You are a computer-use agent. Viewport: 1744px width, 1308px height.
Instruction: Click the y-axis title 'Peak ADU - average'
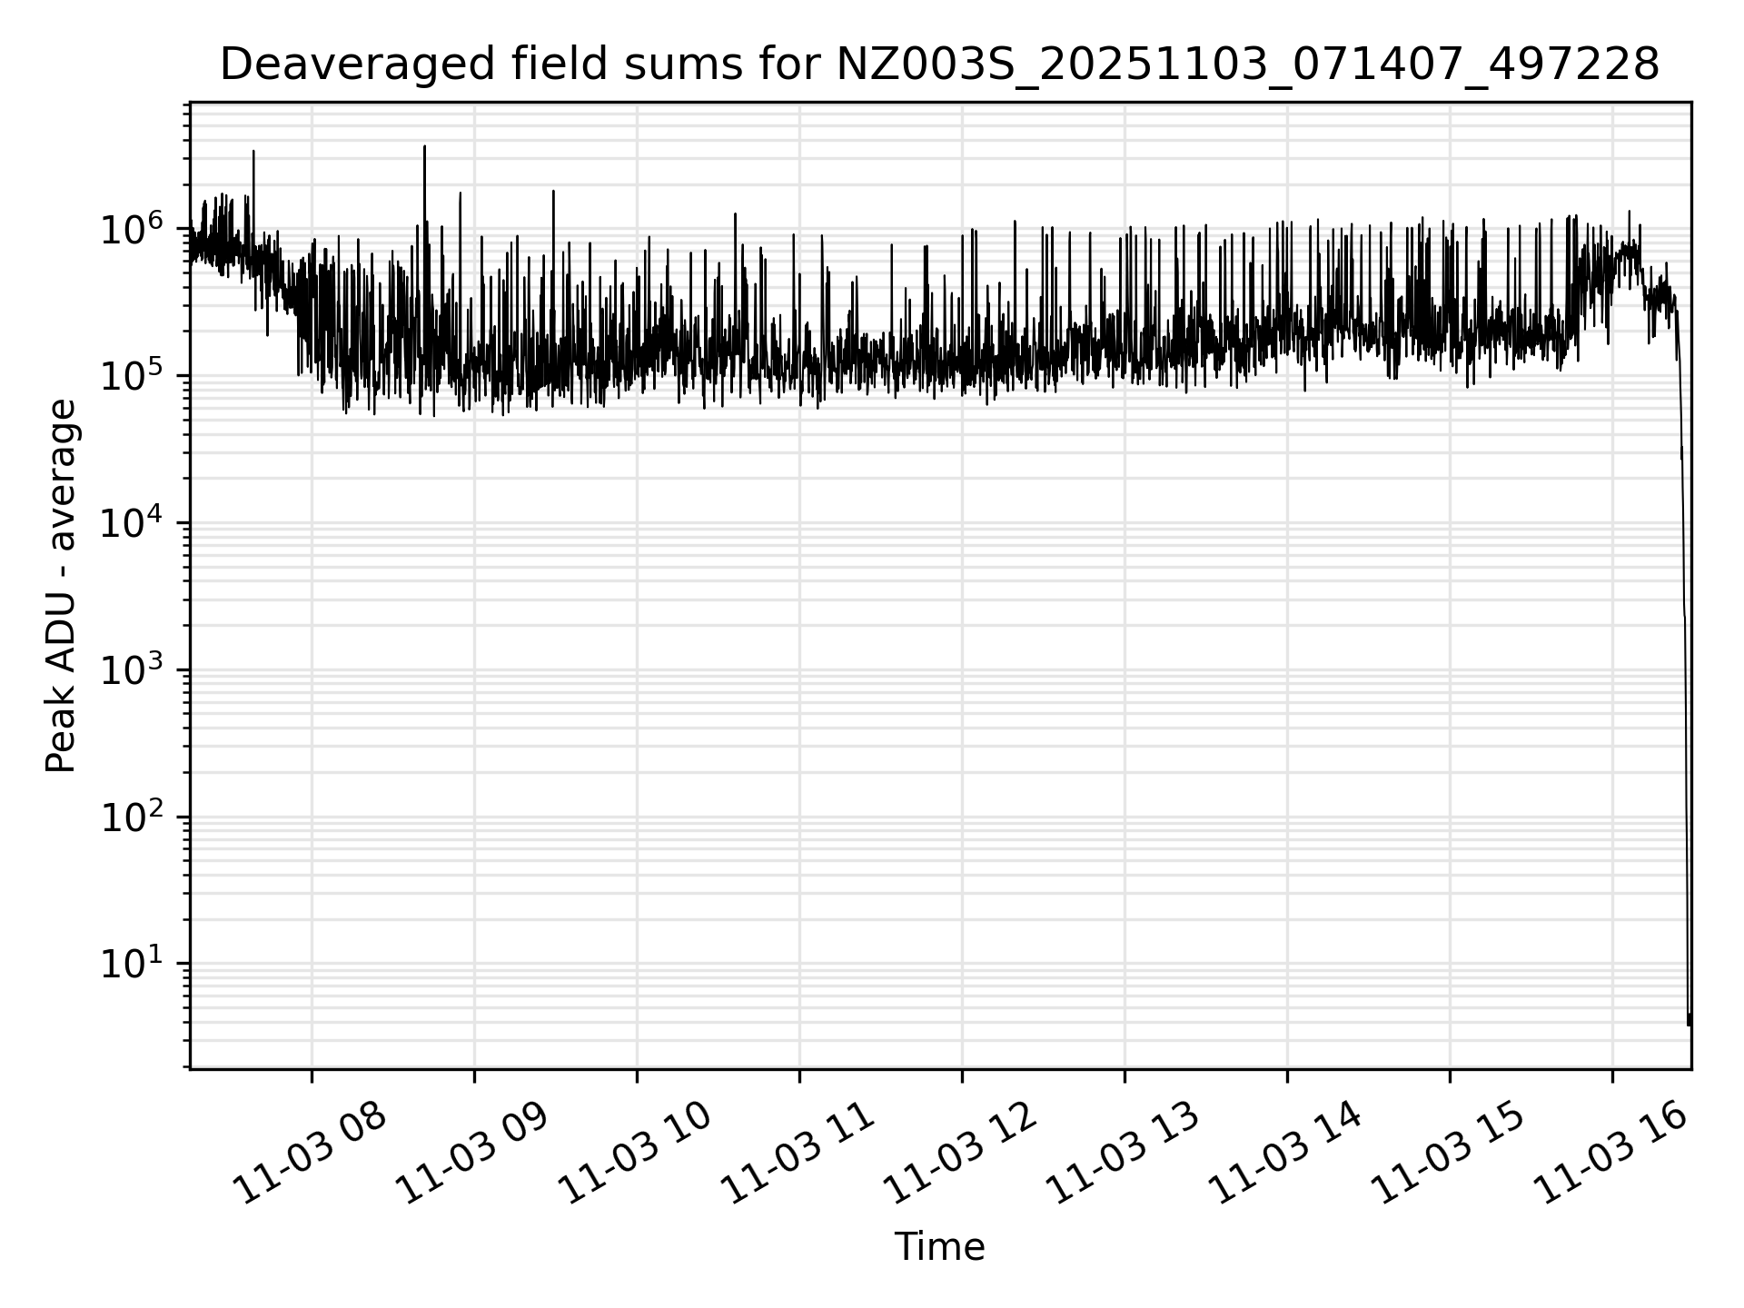point(61,587)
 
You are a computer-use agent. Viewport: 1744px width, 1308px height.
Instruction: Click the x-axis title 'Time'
point(939,1247)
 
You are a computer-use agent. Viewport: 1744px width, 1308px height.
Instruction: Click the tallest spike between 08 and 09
point(424,147)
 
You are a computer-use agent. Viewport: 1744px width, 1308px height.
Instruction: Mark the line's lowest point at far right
point(1689,1025)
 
